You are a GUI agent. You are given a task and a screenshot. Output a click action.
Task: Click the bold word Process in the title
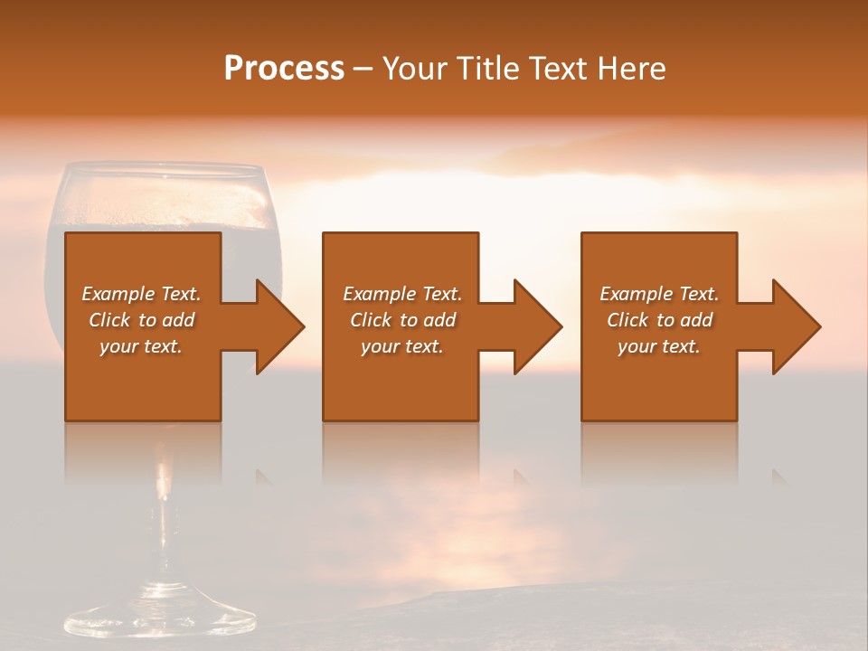(x=284, y=69)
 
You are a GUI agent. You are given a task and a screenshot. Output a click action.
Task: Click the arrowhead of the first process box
(x=279, y=326)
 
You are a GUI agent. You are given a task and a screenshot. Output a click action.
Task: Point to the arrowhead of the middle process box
(x=537, y=326)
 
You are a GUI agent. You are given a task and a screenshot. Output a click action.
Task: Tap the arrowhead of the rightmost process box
(x=796, y=326)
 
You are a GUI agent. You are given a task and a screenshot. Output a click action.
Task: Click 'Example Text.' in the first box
(x=141, y=294)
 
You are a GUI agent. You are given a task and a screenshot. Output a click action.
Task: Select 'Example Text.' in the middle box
(x=402, y=294)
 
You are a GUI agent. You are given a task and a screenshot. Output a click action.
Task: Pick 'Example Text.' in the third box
(x=659, y=294)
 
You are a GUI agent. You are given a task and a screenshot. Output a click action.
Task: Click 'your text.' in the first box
(x=141, y=346)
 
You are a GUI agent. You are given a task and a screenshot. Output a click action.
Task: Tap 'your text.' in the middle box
(x=402, y=346)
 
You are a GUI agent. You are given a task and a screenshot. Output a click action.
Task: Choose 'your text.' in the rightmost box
(x=659, y=346)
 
